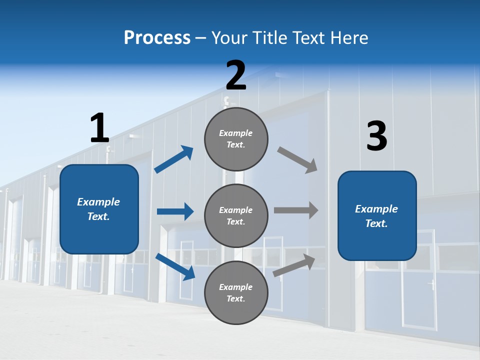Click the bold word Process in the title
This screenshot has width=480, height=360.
(x=157, y=37)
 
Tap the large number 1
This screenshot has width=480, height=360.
(x=99, y=128)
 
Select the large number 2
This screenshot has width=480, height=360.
(x=236, y=75)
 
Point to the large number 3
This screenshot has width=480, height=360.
(x=376, y=136)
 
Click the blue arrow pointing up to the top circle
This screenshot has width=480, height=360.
(x=174, y=159)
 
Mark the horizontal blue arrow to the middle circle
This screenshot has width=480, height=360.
(x=175, y=211)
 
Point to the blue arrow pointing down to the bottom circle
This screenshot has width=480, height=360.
(x=175, y=266)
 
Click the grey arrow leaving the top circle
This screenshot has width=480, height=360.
(x=297, y=160)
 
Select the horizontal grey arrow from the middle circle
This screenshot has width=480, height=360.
(x=296, y=210)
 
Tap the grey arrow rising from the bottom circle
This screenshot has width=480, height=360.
(x=294, y=265)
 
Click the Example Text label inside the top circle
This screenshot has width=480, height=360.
(x=236, y=139)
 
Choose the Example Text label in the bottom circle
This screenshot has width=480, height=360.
(x=236, y=293)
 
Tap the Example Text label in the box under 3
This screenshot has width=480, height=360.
(x=376, y=216)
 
